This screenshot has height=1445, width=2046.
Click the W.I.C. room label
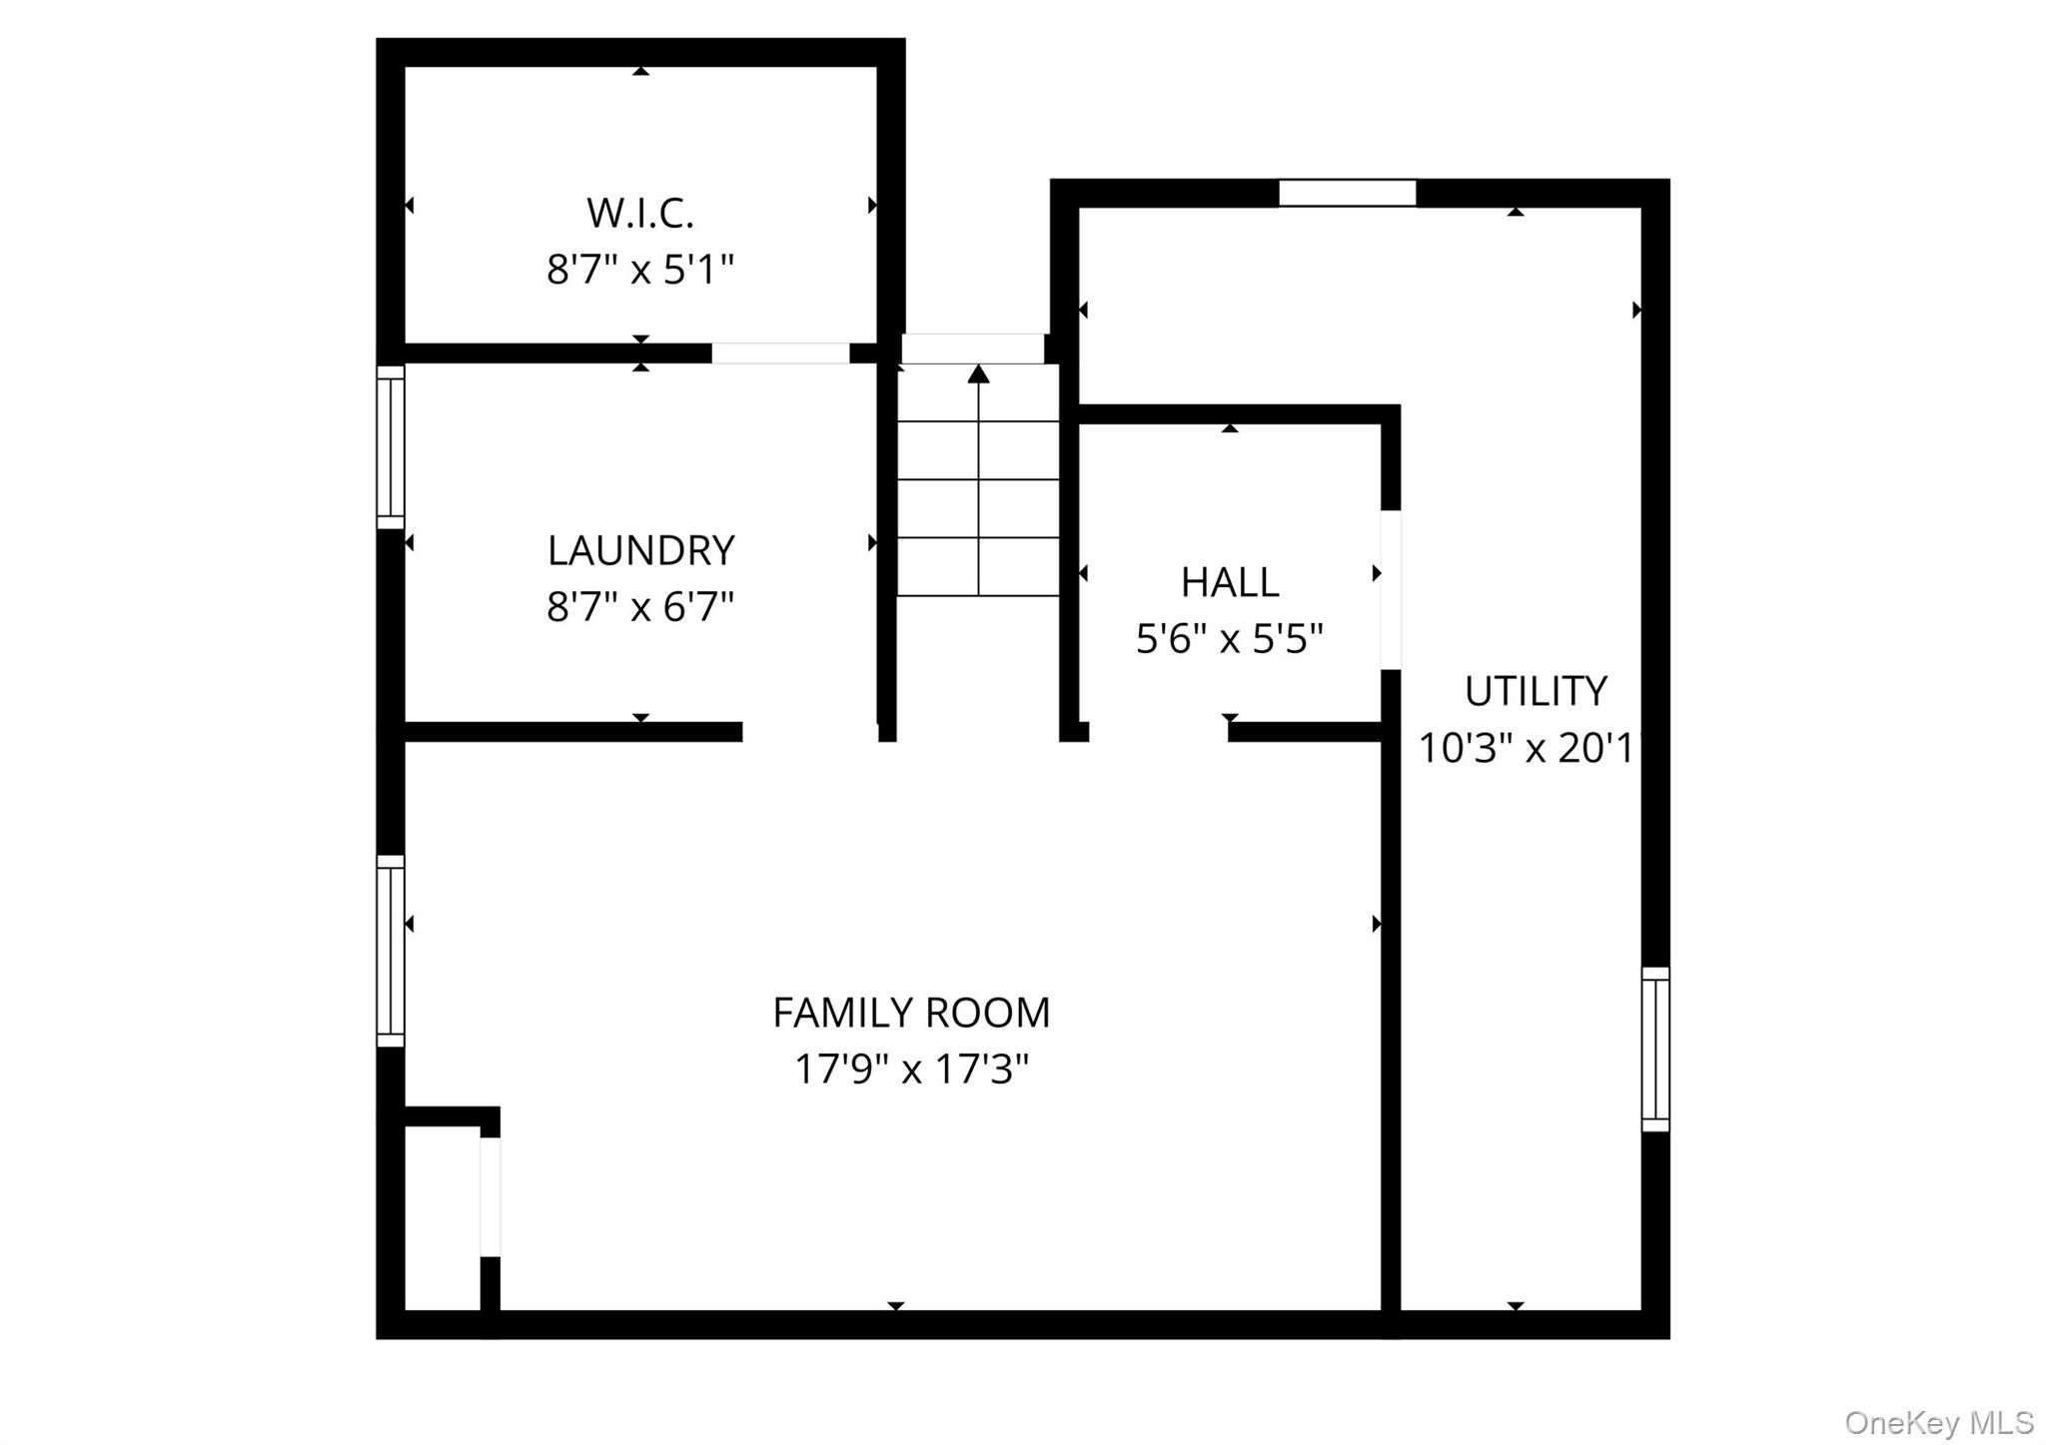[640, 213]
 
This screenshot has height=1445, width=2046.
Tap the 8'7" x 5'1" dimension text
[640, 270]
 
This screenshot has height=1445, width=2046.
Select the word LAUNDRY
[640, 550]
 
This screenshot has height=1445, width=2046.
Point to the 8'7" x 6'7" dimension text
[640, 606]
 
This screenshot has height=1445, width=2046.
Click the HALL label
[1230, 582]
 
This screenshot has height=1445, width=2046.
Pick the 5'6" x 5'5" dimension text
[1230, 638]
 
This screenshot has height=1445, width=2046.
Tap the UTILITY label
[1535, 691]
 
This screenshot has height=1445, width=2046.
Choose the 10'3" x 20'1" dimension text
[1530, 748]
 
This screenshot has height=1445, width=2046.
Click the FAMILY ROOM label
[911, 1013]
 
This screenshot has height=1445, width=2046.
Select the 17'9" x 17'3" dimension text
[911, 1070]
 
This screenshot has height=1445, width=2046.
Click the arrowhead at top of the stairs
[979, 373]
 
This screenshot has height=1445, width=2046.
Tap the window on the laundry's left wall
[391, 447]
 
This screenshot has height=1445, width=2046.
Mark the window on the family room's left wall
[391, 951]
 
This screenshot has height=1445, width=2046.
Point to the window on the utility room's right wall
[1655, 1049]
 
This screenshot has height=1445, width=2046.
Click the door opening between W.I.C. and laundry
[780, 354]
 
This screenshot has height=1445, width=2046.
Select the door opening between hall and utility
[1391, 590]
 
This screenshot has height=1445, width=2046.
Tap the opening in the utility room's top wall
[1348, 193]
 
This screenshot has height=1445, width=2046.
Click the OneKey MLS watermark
[1939, 1422]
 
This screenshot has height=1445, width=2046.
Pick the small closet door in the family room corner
[490, 1196]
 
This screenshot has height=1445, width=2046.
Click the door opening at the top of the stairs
[973, 349]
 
